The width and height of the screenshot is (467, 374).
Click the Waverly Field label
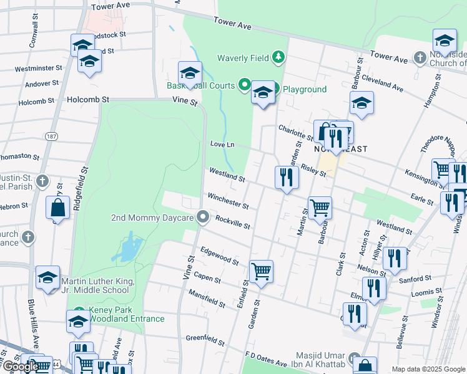pyautogui.click(x=243, y=59)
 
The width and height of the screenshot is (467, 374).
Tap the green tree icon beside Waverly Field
pyautogui.click(x=278, y=59)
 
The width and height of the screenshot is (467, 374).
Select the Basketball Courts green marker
pyautogui.click(x=245, y=85)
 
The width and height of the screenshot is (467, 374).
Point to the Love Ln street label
pyautogui.click(x=222, y=145)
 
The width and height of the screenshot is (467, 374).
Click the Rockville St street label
pyautogui.click(x=232, y=221)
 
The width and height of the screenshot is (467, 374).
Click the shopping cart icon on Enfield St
pyautogui.click(x=261, y=271)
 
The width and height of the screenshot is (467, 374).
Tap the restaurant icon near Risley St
pyautogui.click(x=287, y=177)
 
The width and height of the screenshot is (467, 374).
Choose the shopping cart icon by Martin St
pyautogui.click(x=320, y=208)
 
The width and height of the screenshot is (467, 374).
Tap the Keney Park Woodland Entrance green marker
pyautogui.click(x=79, y=311)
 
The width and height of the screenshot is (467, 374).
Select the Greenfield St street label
pyautogui.click(x=205, y=340)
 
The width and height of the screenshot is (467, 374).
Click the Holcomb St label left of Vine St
pyautogui.click(x=88, y=99)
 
